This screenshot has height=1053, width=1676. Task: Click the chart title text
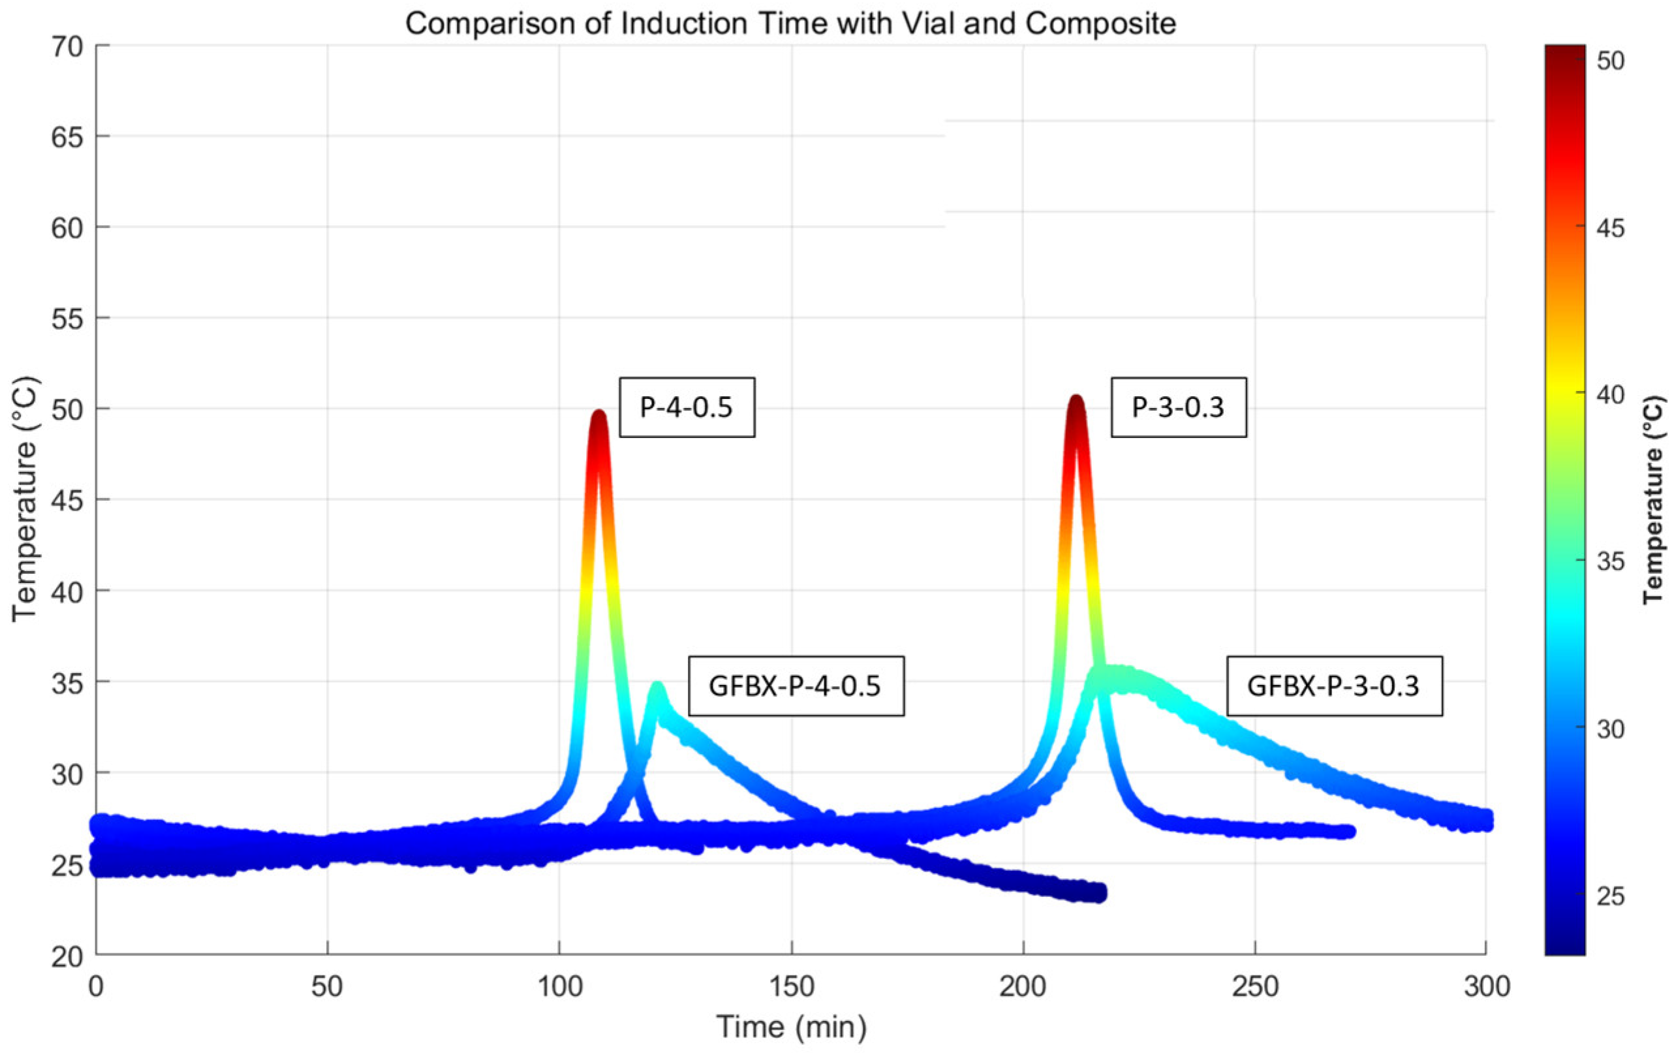pos(790,24)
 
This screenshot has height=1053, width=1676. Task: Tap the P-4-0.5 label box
pos(687,407)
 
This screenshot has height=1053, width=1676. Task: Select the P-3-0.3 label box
pos(1177,407)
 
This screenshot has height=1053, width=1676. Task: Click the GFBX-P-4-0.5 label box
pos(796,685)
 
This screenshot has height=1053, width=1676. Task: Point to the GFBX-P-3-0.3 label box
pos(1333,685)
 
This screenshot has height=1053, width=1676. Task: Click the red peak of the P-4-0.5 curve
pos(598,418)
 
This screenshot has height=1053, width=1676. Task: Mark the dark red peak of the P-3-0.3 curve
pos(1076,403)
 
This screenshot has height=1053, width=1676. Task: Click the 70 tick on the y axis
pos(67,46)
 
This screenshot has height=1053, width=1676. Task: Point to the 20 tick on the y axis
pos(67,958)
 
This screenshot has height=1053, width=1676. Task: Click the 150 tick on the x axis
pos(792,987)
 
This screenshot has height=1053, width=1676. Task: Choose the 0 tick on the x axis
pos(96,987)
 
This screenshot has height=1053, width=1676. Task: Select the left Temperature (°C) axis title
pos(25,499)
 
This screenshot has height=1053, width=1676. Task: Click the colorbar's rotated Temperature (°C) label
pos(1655,499)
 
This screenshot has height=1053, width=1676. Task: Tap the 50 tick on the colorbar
pos(1611,61)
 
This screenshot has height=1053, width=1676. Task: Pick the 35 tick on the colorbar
pos(1611,561)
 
